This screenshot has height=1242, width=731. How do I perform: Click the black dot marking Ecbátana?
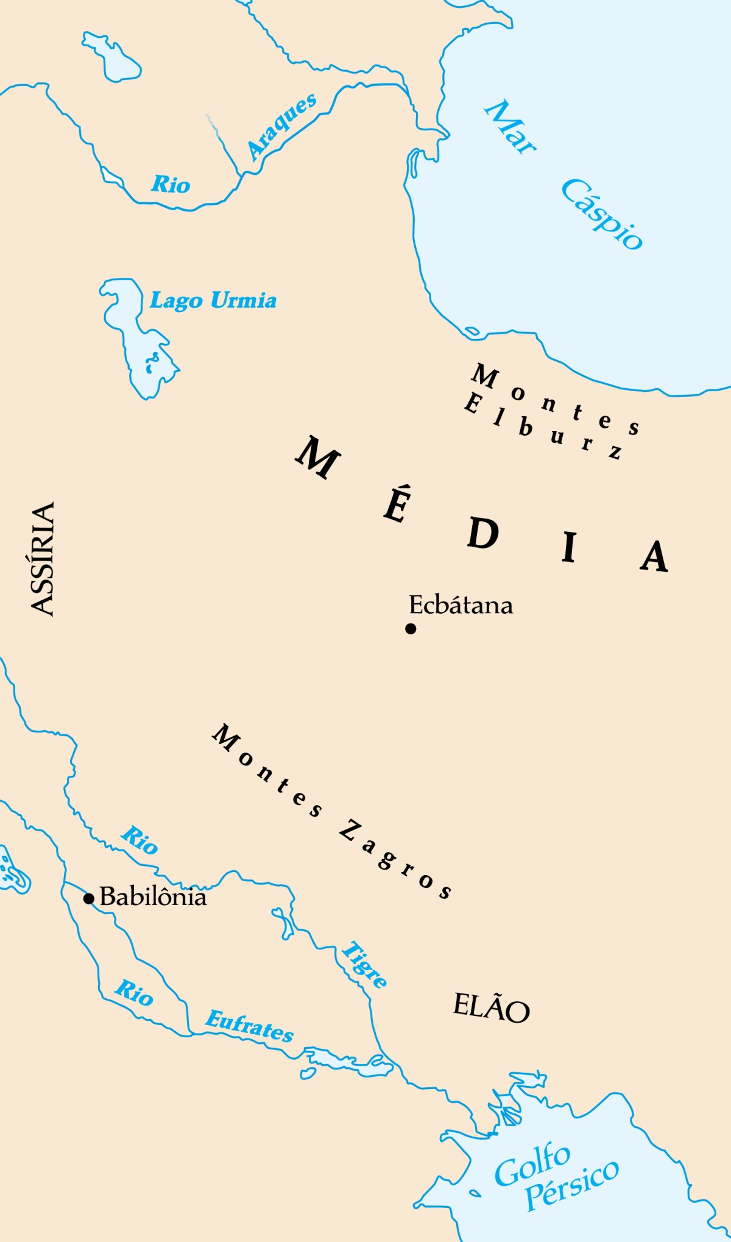click(x=411, y=628)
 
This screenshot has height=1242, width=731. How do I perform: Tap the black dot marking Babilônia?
click(x=89, y=898)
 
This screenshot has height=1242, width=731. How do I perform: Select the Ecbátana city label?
click(x=461, y=605)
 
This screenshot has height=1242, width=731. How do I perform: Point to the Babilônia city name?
click(x=153, y=896)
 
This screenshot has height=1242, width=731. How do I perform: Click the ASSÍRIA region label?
click(x=43, y=558)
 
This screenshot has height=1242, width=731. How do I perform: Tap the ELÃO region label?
click(x=491, y=1007)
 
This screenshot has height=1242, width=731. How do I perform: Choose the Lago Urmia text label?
click(x=213, y=300)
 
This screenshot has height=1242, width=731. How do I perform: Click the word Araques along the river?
click(x=282, y=126)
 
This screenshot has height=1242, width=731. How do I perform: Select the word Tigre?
click(x=364, y=964)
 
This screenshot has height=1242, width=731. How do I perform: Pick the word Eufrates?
click(x=250, y=1026)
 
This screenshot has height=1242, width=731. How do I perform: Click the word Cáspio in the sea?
click(x=602, y=214)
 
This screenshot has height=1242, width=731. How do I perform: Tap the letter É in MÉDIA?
click(x=397, y=504)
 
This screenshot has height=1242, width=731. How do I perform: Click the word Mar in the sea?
click(x=510, y=127)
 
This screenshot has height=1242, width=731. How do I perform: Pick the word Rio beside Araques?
click(x=171, y=184)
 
